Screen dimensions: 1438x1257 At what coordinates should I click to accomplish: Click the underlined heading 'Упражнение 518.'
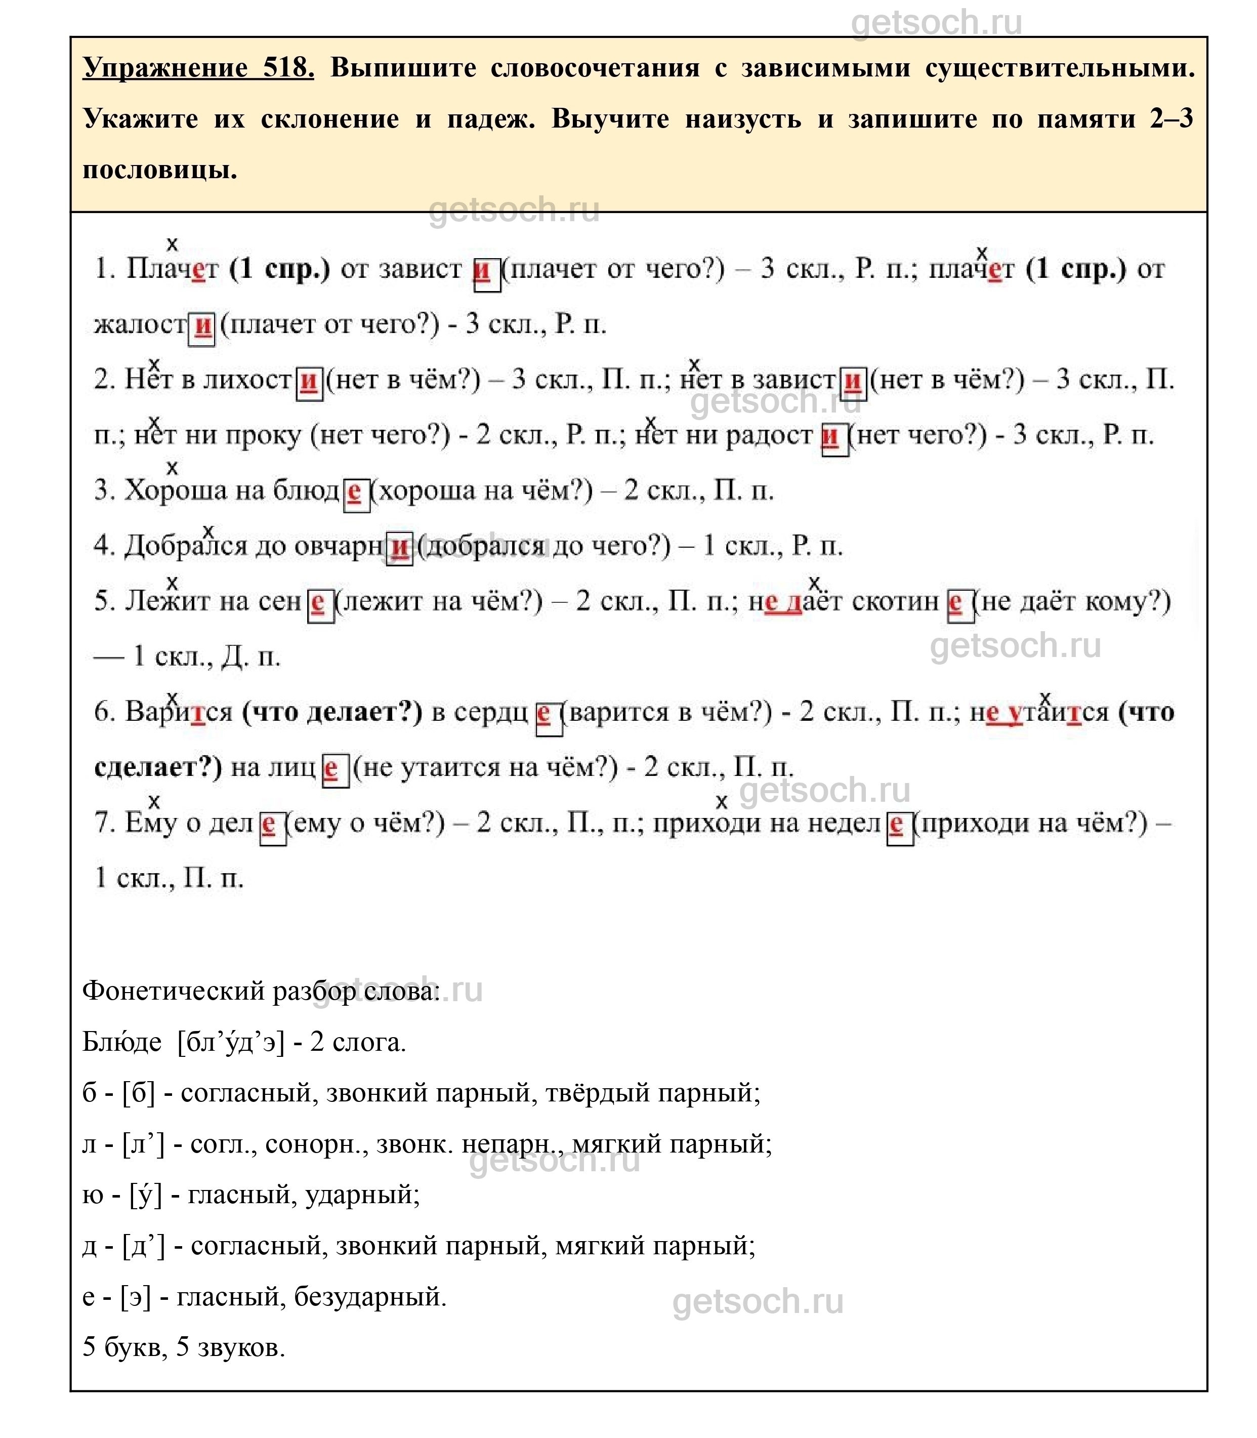[x=198, y=68]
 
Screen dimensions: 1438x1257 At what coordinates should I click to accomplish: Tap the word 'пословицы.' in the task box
[x=160, y=170]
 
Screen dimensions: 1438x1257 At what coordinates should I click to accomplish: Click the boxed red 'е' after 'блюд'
[x=356, y=491]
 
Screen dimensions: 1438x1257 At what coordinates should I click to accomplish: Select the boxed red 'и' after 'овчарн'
[x=400, y=547]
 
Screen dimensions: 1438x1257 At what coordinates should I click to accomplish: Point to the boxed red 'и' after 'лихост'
[x=309, y=381]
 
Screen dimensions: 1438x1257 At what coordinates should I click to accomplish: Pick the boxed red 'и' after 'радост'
[x=833, y=436]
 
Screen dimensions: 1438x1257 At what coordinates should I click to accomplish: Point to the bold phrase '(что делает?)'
[x=332, y=712]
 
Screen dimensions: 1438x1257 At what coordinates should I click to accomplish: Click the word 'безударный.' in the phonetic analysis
[x=370, y=1296]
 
